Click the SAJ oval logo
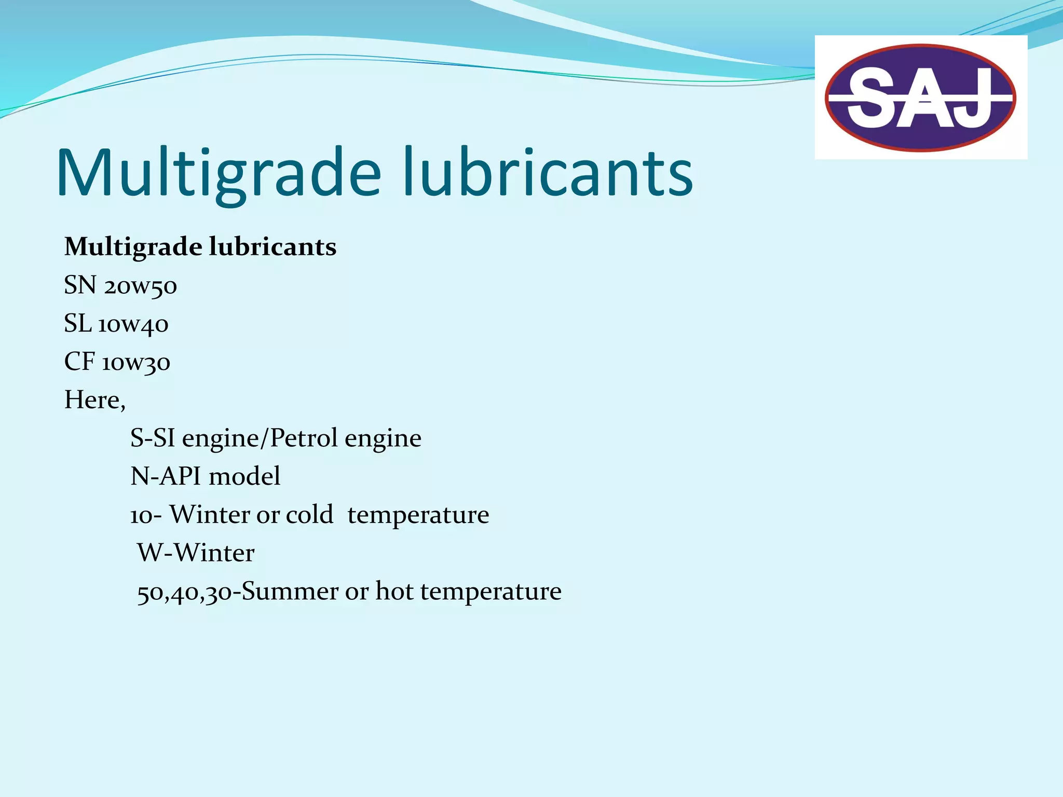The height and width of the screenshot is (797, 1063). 920,98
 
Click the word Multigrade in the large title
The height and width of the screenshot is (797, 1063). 218,173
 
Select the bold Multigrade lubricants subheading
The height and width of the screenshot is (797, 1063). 200,246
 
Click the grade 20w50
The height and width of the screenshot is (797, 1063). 140,286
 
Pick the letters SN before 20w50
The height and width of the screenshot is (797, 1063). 80,285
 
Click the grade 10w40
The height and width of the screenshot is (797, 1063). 133,324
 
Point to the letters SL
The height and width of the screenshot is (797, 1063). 77,324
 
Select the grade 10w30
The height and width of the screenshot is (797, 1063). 135,362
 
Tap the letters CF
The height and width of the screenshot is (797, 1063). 79,362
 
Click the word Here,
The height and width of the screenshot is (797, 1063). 94,400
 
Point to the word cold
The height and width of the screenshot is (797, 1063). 309,515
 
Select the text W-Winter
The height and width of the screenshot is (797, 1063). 196,553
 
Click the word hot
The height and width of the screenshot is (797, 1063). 394,591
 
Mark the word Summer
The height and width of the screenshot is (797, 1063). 290,591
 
